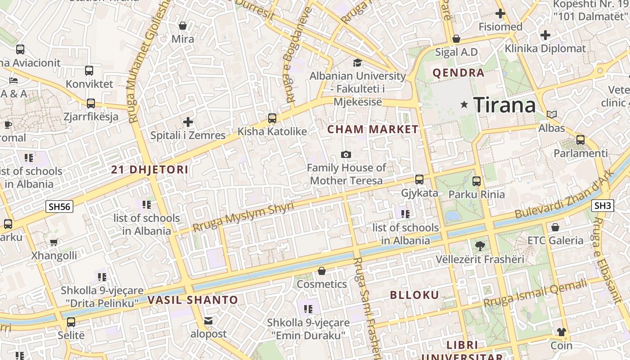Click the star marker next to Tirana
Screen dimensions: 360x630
pyautogui.click(x=464, y=105)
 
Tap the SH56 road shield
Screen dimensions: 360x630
pyautogui.click(x=60, y=207)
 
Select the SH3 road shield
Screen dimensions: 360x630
pyautogui.click(x=603, y=206)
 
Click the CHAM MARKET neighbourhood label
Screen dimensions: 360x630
pyautogui.click(x=373, y=130)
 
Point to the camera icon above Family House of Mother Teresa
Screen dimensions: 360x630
pyautogui.click(x=346, y=154)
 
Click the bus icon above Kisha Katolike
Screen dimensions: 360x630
pyautogui.click(x=272, y=118)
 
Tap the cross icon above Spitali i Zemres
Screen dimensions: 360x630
pyautogui.click(x=188, y=122)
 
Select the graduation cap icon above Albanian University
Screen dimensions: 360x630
pyautogui.click(x=357, y=63)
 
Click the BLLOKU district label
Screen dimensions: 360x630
pyautogui.click(x=414, y=295)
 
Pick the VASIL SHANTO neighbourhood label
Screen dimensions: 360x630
pyautogui.click(x=193, y=300)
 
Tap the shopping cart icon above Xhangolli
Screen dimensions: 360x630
pyautogui.click(x=54, y=243)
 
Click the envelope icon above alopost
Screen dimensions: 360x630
pyautogui.click(x=208, y=321)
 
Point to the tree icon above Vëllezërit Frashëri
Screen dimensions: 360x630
pyautogui.click(x=480, y=246)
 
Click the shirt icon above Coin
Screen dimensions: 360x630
pyautogui.click(x=561, y=332)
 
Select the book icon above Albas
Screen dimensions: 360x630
pyautogui.click(x=551, y=115)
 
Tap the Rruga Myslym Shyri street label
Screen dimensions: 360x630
pyautogui.click(x=243, y=217)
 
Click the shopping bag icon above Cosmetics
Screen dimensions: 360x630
pyautogui.click(x=321, y=271)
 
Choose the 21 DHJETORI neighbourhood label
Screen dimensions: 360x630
pyautogui.click(x=149, y=170)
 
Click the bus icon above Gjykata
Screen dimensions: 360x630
pyautogui.click(x=419, y=180)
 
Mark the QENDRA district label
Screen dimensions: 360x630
pyautogui.click(x=458, y=73)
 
